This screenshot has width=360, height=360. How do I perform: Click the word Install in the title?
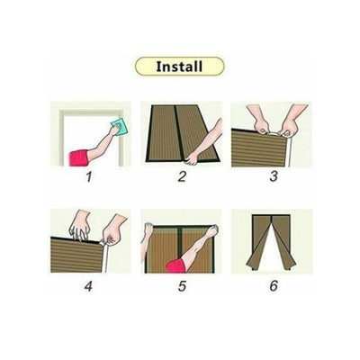tap(179, 67)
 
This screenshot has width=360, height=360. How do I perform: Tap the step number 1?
tap(89, 176)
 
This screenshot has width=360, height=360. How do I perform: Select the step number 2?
tap(182, 176)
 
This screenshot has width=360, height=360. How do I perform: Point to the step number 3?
tap(273, 176)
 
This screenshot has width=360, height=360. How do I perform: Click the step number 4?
tap(88, 286)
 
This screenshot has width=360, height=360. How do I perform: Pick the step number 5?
tap(182, 286)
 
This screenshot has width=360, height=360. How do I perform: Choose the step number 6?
tap(274, 286)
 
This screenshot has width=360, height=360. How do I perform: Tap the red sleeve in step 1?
tap(78, 157)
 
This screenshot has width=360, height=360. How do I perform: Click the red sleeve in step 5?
tap(175, 266)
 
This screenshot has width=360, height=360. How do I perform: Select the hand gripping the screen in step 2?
tap(191, 157)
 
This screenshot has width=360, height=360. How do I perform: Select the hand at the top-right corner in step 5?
tap(213, 231)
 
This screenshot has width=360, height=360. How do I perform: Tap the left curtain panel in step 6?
tap(258, 240)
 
